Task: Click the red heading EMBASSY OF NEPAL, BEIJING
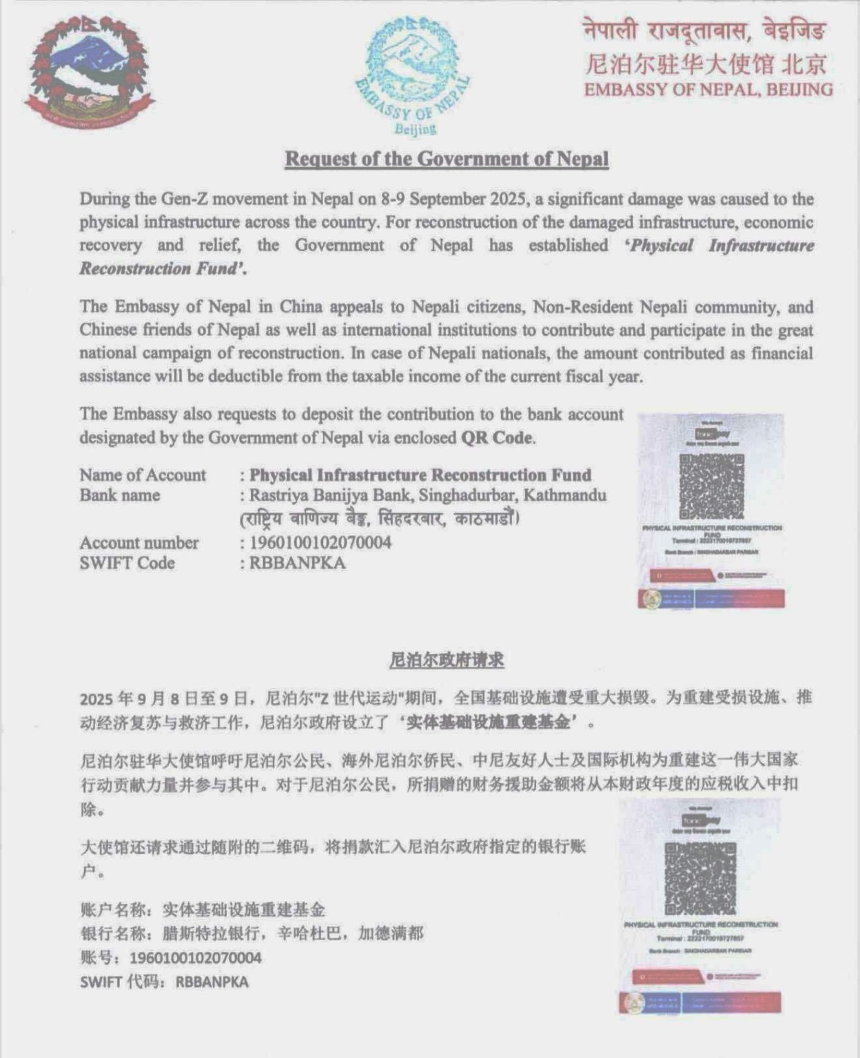pos(708,90)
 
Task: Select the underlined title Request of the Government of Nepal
pos(447,158)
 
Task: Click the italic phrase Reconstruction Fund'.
pos(163,269)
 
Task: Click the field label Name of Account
pos(143,475)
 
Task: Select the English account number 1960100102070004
pos(320,542)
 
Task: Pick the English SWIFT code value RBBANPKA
pos(297,563)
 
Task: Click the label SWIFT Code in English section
pos(127,563)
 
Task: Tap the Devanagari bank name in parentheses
pos(379,518)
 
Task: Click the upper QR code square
pos(711,486)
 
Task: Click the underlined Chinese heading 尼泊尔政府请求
pos(447,660)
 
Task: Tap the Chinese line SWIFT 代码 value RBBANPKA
pos(212,982)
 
